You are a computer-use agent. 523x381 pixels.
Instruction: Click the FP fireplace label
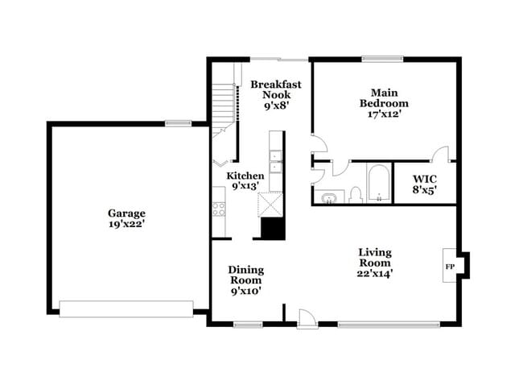point(451,265)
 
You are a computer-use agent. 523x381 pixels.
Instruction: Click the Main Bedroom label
point(384,97)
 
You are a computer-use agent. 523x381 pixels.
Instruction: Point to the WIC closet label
point(424,180)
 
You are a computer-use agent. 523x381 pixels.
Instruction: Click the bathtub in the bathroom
point(378,183)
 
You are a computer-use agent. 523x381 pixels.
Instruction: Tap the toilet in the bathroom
point(356,195)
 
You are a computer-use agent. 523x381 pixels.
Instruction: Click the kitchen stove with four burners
point(218,209)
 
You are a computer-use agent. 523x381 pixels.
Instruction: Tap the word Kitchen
point(245,176)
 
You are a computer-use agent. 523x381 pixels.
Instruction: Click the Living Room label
point(375,258)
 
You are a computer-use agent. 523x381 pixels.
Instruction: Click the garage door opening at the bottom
point(126,309)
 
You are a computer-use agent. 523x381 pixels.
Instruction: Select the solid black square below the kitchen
point(274,229)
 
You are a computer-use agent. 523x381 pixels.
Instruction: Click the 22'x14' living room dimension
point(376,273)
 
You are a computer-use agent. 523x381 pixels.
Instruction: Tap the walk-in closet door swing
point(440,154)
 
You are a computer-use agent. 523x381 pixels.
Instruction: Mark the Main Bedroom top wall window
point(381,58)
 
